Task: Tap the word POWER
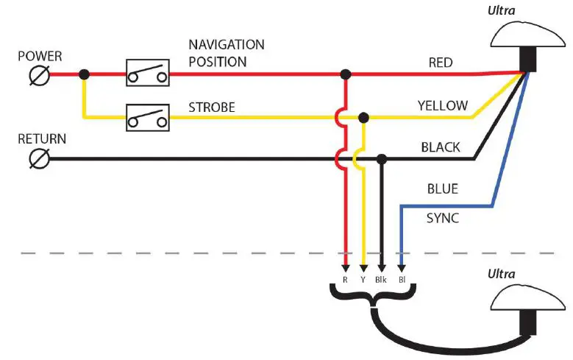point(40,55)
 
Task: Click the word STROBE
point(212,107)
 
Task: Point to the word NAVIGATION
point(227,45)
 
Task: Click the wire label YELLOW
point(442,105)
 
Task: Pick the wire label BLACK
point(440,147)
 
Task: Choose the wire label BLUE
point(442,189)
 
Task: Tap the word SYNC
point(442,219)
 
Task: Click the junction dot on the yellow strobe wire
point(363,117)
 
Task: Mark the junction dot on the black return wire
point(381,158)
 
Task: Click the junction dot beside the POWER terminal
point(85,74)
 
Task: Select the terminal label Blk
point(381,280)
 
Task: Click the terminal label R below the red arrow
point(344,280)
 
